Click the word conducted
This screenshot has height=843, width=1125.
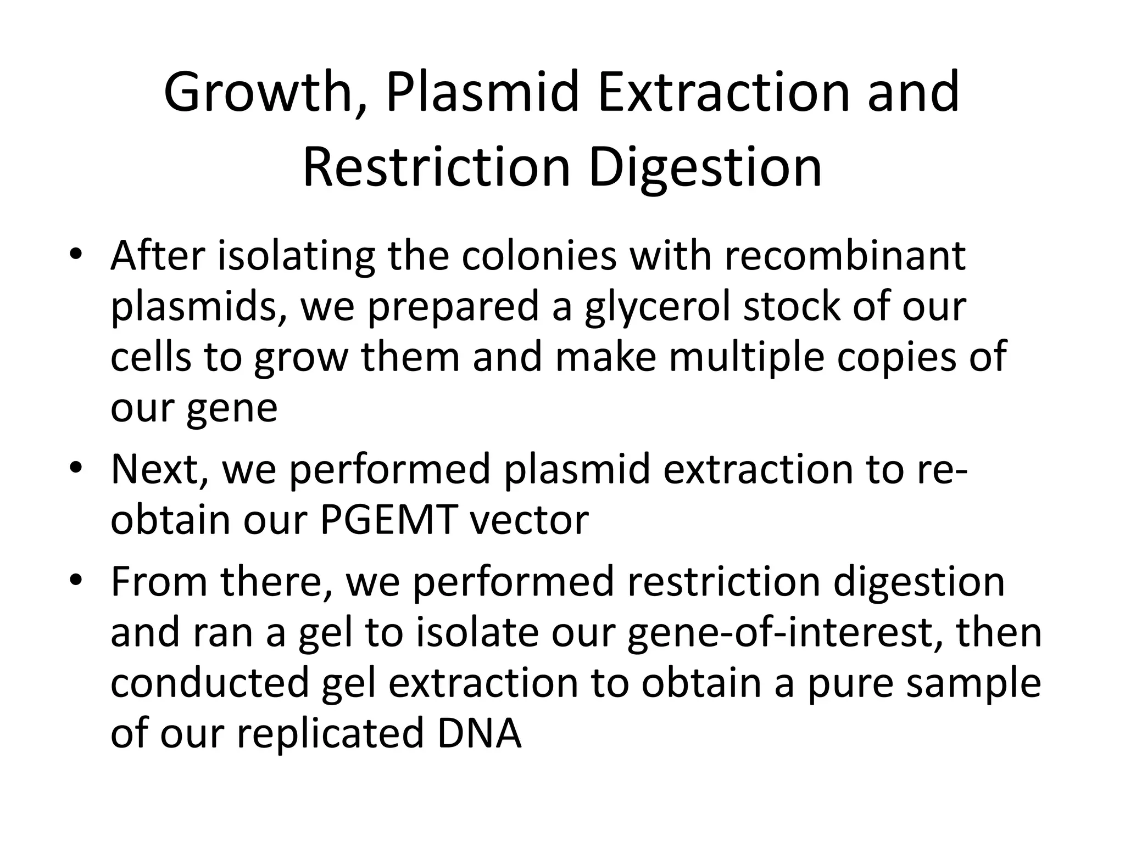210,683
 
